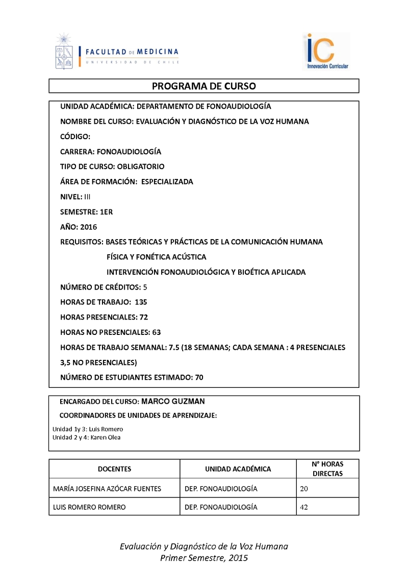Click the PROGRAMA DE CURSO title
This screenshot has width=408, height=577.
[x=204, y=86]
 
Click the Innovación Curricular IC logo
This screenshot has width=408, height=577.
[x=326, y=51]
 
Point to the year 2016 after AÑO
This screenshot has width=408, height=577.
[x=89, y=227]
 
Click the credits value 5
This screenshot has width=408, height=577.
[x=145, y=287]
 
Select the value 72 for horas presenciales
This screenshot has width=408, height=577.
[x=143, y=317]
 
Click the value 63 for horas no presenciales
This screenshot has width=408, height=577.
[x=156, y=332]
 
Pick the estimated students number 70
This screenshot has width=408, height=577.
[x=199, y=377]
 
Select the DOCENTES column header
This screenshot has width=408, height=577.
[x=114, y=469]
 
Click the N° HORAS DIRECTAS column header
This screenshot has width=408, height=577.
[x=327, y=469]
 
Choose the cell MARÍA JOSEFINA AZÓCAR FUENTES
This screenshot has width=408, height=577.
[x=107, y=489]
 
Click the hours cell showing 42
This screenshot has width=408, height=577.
[x=305, y=507]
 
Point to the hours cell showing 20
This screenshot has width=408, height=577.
[x=305, y=489]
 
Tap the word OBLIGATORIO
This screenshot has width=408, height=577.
[x=141, y=167]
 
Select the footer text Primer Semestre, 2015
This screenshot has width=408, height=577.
[x=204, y=558]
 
